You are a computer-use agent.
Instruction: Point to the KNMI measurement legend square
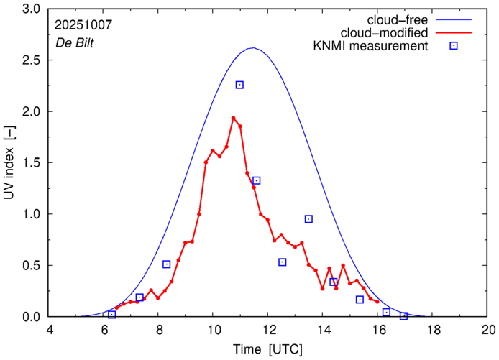point(454,46)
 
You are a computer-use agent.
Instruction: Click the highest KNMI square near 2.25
point(239,85)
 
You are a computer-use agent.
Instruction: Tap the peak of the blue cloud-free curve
point(252,48)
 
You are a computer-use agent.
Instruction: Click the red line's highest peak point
point(234,118)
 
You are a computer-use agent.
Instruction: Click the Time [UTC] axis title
point(269,349)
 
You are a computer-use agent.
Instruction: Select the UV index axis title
point(10,172)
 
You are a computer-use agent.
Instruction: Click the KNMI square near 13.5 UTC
point(308,219)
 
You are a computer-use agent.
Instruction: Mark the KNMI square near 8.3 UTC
point(167,264)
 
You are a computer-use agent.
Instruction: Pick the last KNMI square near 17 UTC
point(404,316)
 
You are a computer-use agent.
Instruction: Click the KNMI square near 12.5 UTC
point(283,262)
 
